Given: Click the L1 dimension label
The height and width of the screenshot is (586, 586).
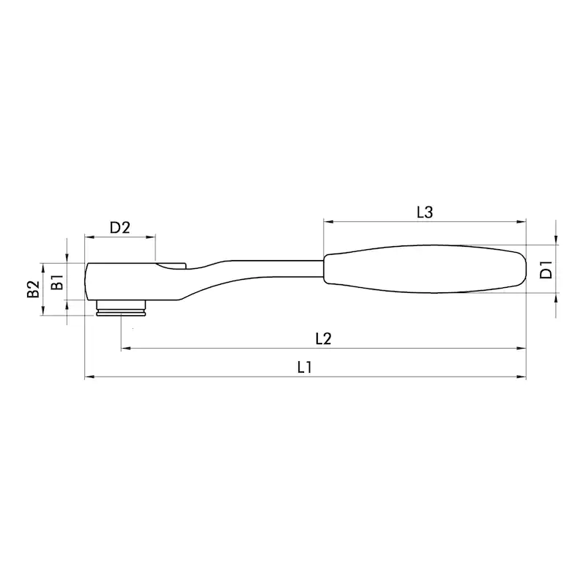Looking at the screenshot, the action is click(304, 368).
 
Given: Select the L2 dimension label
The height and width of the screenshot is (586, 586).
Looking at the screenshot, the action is click(323, 339).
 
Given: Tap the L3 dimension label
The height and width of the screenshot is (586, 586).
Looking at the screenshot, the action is click(425, 212).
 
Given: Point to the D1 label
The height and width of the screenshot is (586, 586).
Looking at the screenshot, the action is click(546, 270).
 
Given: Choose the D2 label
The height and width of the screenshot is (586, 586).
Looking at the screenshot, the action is click(119, 227).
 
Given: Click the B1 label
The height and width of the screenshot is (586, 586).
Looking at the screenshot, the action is click(57, 282).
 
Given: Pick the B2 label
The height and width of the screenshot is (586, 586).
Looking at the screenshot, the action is click(33, 289).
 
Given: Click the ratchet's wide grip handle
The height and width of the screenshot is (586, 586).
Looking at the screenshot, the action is click(425, 269).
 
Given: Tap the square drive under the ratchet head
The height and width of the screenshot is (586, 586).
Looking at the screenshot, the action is click(121, 308).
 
